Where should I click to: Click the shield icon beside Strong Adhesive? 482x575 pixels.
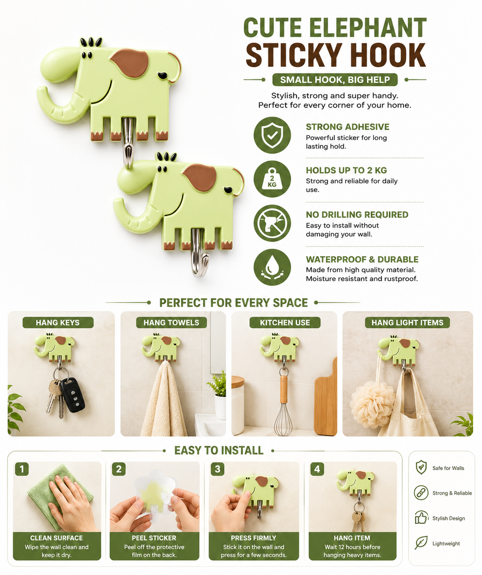(272, 135)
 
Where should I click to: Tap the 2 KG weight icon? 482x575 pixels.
(272, 179)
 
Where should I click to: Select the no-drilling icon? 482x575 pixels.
(272, 223)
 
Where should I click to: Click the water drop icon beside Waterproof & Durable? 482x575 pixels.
(272, 267)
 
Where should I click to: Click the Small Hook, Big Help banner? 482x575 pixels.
(335, 79)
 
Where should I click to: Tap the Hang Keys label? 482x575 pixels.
(58, 323)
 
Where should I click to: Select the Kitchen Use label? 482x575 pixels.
(285, 323)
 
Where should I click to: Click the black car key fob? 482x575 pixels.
(73, 395)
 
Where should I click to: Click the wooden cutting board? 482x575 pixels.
(326, 398)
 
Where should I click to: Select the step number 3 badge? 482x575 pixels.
(218, 469)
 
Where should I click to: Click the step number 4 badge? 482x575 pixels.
(317, 469)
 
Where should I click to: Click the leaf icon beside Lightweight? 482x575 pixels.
(421, 543)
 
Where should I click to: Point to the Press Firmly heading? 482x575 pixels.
(253, 538)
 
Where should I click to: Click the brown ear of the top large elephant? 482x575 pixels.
(130, 63)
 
